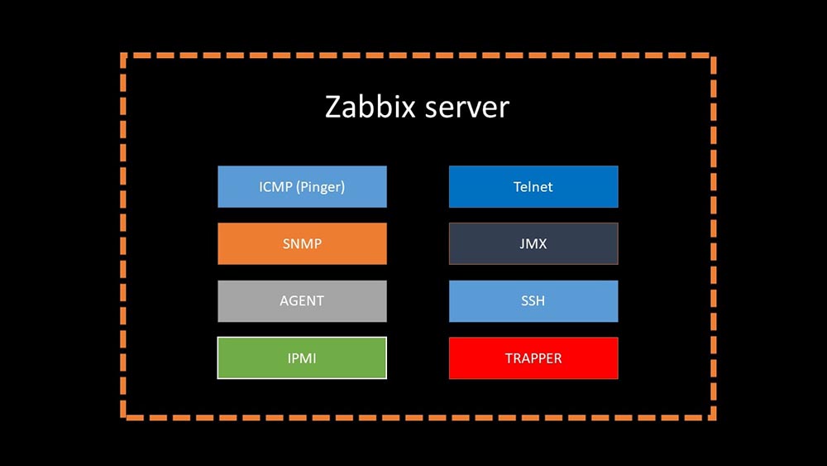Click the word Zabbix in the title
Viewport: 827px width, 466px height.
[x=374, y=108]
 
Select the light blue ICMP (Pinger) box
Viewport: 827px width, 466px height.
[x=302, y=186]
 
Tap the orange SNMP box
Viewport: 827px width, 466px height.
[x=302, y=244]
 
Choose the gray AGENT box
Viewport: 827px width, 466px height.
[x=302, y=301]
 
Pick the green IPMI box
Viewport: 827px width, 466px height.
[x=302, y=358]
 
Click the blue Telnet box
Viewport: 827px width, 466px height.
[x=533, y=186]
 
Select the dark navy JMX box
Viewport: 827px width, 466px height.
[x=533, y=244]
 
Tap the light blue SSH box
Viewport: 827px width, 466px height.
[x=533, y=301]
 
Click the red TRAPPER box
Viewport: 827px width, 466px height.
[x=533, y=358]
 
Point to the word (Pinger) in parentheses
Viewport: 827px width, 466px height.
[x=320, y=187]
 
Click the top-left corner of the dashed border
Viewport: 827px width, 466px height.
[x=123, y=56]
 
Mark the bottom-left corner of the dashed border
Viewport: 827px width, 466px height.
[x=123, y=416]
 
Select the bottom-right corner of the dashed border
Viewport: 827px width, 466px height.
[x=712, y=416]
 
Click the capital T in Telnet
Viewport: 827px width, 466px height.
[x=517, y=187]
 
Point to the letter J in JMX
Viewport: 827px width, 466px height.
[x=522, y=244]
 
